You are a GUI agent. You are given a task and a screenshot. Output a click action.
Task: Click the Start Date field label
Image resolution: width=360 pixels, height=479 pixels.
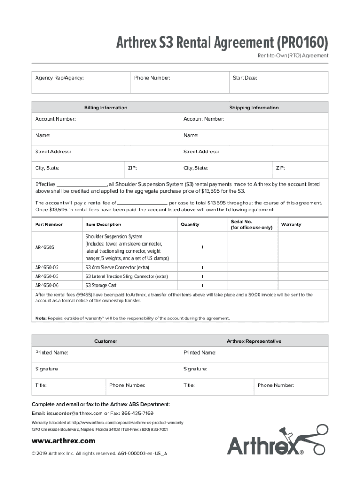(x=245, y=78)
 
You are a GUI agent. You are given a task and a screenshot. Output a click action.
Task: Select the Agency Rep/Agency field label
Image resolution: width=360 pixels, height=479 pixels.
(x=59, y=78)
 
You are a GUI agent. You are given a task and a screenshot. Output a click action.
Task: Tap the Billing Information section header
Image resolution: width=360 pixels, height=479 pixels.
(x=106, y=108)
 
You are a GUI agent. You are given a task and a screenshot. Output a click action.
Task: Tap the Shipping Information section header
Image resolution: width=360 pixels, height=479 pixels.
(x=253, y=108)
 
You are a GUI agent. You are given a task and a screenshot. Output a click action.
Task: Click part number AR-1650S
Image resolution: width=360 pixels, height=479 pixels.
(x=45, y=247)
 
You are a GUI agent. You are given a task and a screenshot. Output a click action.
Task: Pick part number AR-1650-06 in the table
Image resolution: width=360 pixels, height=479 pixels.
(x=47, y=285)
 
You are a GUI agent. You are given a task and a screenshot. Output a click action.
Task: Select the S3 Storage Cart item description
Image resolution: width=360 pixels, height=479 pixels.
(x=101, y=285)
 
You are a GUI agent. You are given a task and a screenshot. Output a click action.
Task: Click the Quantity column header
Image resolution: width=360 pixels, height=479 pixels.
(x=190, y=225)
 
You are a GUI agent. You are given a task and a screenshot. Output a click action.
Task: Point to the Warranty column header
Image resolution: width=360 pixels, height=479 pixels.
(x=291, y=225)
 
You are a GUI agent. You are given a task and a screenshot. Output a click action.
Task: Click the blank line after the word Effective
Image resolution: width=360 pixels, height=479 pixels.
(x=81, y=185)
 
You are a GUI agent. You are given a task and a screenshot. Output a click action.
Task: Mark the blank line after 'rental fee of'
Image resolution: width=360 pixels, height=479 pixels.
(x=142, y=203)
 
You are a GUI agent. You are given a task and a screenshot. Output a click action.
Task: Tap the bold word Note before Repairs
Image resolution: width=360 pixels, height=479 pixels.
(x=41, y=318)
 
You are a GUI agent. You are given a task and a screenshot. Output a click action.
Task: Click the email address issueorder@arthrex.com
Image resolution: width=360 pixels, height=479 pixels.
(x=74, y=414)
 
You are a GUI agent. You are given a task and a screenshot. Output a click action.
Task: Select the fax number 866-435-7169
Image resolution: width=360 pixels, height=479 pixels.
(x=137, y=414)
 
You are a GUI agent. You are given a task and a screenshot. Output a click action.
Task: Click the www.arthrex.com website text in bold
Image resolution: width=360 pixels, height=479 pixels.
(x=63, y=441)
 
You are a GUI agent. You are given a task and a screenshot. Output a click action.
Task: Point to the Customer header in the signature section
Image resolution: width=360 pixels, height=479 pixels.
(x=106, y=341)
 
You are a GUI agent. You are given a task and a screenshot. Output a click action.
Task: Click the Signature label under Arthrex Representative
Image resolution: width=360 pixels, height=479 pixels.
(x=195, y=369)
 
